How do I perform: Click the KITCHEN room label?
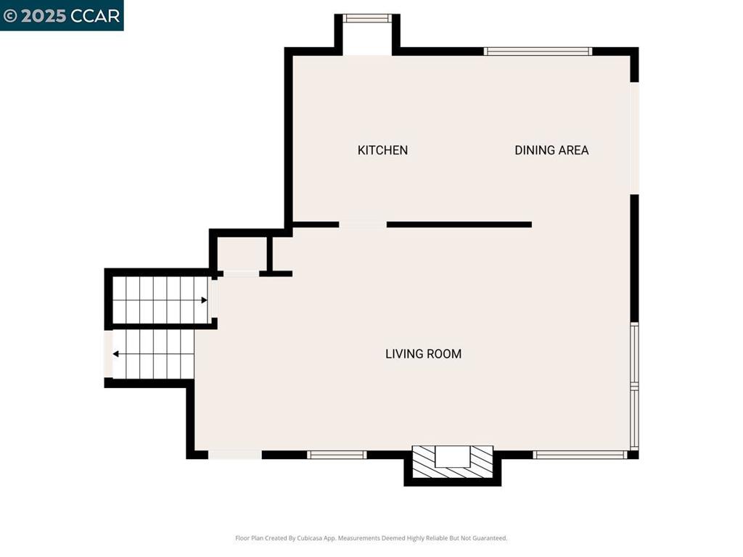(x=382, y=150)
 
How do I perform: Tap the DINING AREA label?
(x=551, y=150)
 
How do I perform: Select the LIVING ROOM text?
(x=423, y=354)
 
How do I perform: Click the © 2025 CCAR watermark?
(x=62, y=15)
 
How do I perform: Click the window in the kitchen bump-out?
(x=367, y=18)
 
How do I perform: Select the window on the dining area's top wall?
(x=538, y=51)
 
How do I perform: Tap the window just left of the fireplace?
(x=336, y=455)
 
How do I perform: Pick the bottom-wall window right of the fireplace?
(x=579, y=455)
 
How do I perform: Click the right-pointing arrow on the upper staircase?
(x=204, y=300)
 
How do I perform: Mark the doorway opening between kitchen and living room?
(x=363, y=225)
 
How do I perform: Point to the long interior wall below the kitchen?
(x=459, y=225)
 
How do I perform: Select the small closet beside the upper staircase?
(x=242, y=254)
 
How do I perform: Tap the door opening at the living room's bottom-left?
(x=235, y=455)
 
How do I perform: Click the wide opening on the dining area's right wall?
(x=634, y=138)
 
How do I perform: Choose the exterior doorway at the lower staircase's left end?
(x=109, y=354)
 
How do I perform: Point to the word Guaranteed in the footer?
(x=489, y=538)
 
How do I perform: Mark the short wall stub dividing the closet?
(x=269, y=254)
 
